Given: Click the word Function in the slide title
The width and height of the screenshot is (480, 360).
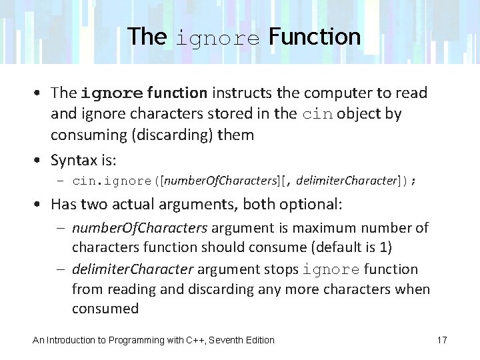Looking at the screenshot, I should tap(315, 36).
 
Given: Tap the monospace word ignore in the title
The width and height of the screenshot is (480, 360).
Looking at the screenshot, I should tap(217, 37).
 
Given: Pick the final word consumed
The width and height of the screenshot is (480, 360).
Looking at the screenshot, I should tap(105, 309).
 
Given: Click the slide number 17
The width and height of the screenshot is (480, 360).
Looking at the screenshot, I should tap(442, 340).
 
